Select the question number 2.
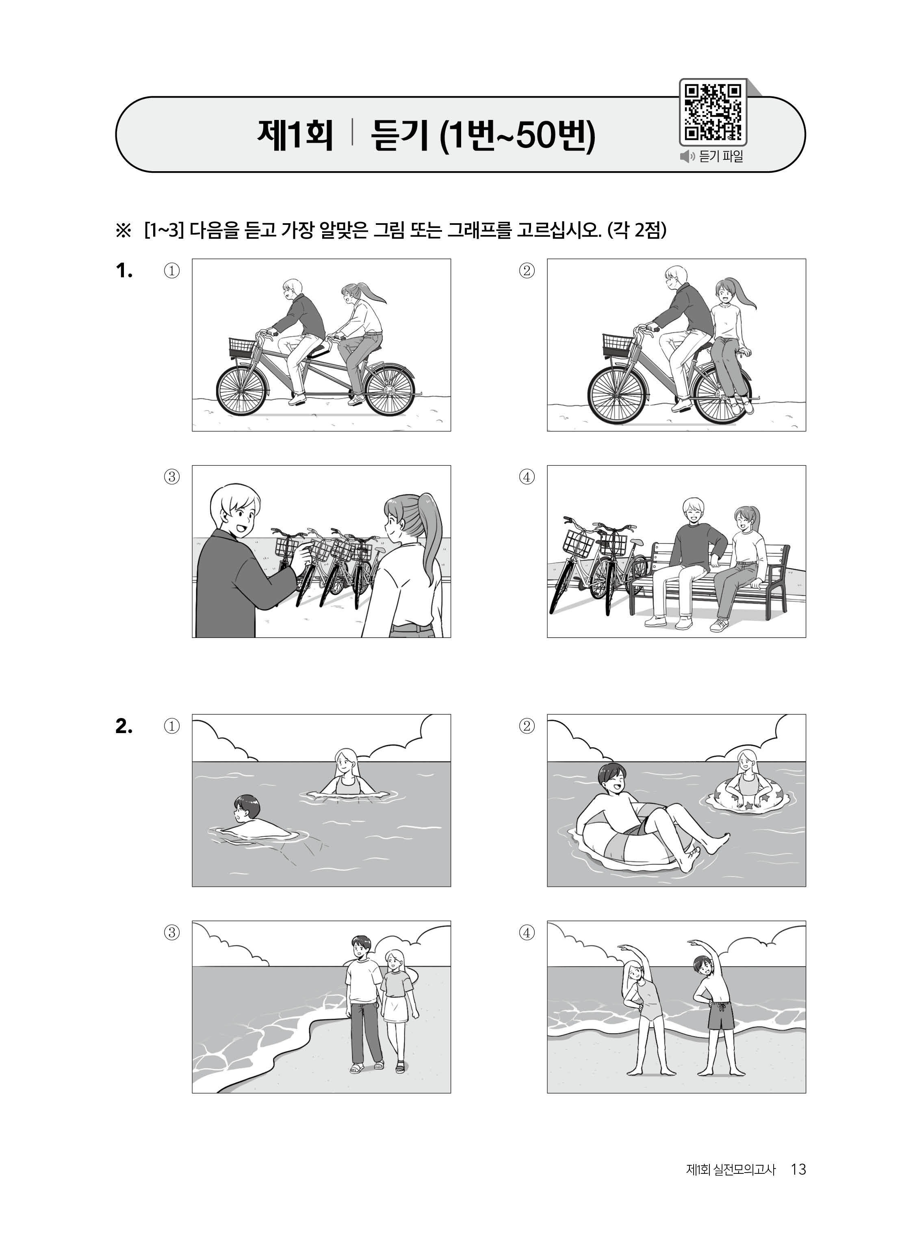click(124, 726)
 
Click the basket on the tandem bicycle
click(243, 347)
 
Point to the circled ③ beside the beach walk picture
click(171, 932)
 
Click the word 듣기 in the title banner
click(399, 135)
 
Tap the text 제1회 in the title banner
click(295, 135)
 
